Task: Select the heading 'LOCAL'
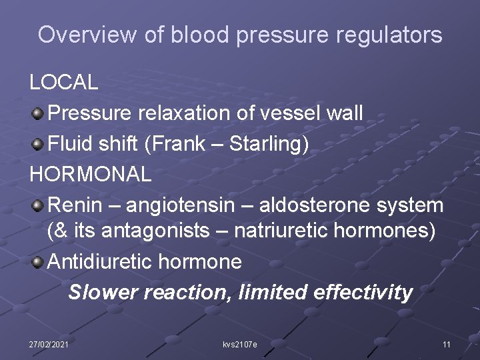coord(64,83)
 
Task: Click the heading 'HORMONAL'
coord(91,175)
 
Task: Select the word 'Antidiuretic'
coord(100,261)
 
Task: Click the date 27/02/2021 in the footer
coord(49,344)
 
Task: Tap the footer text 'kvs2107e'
coord(240,344)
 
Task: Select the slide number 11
coord(447,344)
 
